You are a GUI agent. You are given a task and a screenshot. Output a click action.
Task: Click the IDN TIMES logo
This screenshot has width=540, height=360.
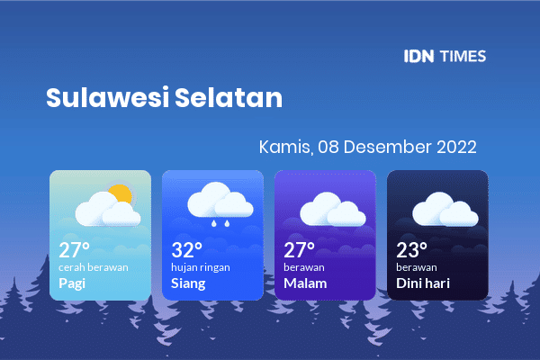[445, 56]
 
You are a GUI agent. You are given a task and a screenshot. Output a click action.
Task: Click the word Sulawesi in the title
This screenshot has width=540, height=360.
[107, 97]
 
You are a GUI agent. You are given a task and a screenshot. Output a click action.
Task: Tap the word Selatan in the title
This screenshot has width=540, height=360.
[229, 97]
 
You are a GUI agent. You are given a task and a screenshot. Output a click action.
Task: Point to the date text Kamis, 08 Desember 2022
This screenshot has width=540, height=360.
[367, 147]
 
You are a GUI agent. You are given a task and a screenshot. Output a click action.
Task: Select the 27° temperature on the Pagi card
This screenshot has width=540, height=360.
[74, 250]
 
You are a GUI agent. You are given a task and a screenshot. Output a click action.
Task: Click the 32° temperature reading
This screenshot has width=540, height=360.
[186, 250]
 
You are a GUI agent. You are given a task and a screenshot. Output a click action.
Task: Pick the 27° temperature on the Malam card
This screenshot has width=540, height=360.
[299, 250]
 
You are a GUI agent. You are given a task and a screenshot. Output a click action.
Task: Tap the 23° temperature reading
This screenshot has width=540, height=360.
[411, 250]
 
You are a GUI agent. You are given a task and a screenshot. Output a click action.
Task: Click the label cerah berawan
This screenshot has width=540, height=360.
[94, 267]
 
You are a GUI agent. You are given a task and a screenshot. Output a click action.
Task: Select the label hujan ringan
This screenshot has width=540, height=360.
[201, 267]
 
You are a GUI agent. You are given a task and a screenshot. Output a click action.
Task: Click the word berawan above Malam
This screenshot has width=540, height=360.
[304, 267]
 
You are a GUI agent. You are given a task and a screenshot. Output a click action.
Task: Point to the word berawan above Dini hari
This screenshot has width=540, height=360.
[417, 267]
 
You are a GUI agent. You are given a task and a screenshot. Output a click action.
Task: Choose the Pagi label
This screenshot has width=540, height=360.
[72, 283]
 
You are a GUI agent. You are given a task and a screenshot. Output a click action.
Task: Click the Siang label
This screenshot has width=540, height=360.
[188, 283]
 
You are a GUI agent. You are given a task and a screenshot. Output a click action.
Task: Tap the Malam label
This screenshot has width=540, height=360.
[305, 283]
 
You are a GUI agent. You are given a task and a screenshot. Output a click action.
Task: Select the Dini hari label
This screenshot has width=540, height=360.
[423, 283]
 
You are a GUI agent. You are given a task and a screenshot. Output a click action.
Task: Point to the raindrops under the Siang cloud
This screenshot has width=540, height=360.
[220, 223]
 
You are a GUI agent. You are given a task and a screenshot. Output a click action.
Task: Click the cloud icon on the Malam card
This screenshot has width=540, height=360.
[333, 210]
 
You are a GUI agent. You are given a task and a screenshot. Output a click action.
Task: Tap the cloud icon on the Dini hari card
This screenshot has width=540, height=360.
[445, 210]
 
